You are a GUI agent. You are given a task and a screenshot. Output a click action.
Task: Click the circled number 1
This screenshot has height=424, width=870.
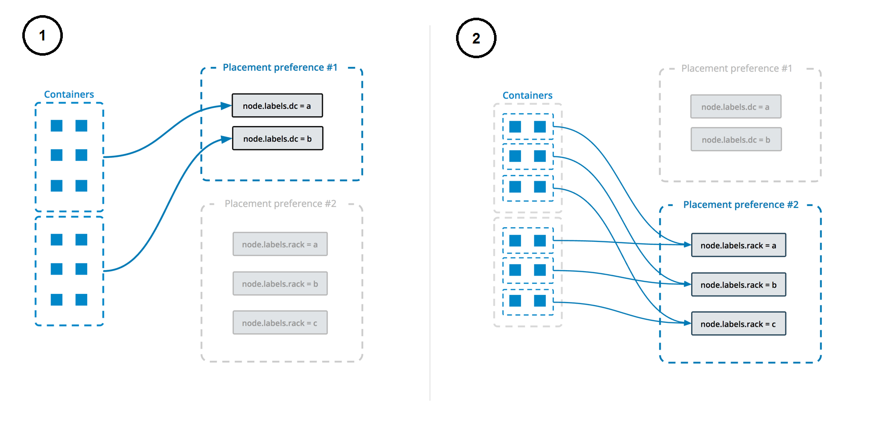(43, 35)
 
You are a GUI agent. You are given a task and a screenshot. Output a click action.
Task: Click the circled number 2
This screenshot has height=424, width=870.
(476, 38)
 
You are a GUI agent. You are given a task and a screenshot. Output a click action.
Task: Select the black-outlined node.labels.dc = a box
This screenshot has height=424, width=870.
(277, 106)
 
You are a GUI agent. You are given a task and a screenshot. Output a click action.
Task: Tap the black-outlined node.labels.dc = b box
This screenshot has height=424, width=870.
(277, 139)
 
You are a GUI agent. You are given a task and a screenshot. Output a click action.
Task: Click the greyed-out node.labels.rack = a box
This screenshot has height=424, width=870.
(280, 244)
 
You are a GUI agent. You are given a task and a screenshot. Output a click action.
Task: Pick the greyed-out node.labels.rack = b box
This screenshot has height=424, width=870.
(280, 284)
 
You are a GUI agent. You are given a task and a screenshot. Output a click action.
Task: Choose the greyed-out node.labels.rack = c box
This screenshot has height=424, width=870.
(280, 323)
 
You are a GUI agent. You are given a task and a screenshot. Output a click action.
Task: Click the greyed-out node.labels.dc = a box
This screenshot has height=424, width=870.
(735, 107)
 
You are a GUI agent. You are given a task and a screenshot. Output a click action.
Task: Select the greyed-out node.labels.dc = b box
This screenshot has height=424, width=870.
(736, 140)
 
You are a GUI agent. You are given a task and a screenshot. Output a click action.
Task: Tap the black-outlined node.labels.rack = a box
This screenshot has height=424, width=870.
(738, 245)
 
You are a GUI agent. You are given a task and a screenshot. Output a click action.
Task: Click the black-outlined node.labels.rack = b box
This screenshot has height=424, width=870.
(738, 285)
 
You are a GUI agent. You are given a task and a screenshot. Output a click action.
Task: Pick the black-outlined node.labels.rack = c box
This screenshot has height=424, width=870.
(738, 324)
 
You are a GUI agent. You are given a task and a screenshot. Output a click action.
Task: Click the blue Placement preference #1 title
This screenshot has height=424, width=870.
(280, 67)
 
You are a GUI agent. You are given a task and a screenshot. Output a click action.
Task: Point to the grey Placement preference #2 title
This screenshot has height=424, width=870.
(280, 203)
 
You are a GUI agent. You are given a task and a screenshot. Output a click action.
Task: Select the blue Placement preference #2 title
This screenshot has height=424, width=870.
(740, 204)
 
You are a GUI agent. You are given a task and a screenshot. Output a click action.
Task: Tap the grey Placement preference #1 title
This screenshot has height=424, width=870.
(736, 68)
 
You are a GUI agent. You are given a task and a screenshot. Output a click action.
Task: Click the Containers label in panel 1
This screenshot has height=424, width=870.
(69, 94)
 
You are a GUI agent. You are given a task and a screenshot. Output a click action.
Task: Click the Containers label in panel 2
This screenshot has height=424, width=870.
(527, 95)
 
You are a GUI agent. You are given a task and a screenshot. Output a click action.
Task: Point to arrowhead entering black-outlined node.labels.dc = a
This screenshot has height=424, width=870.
(227, 106)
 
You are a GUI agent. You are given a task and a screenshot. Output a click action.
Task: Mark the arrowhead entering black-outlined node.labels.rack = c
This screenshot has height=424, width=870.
(687, 323)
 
